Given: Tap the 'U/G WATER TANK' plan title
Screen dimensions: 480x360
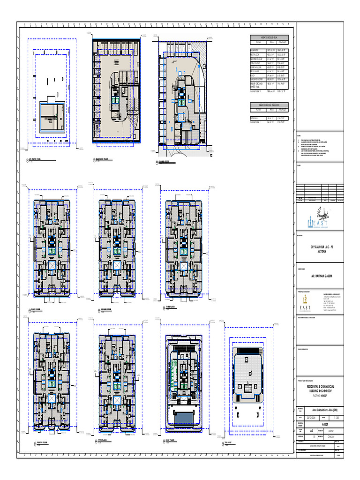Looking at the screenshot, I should click(x=38, y=160).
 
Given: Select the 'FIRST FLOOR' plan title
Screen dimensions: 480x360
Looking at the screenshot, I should click(x=39, y=310).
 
